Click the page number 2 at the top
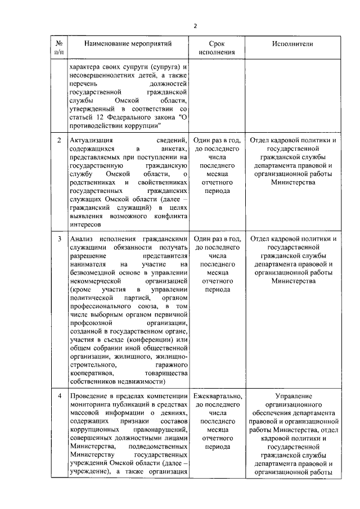tap(195, 26)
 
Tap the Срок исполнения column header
tap(217, 48)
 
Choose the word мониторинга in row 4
tap(91, 404)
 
